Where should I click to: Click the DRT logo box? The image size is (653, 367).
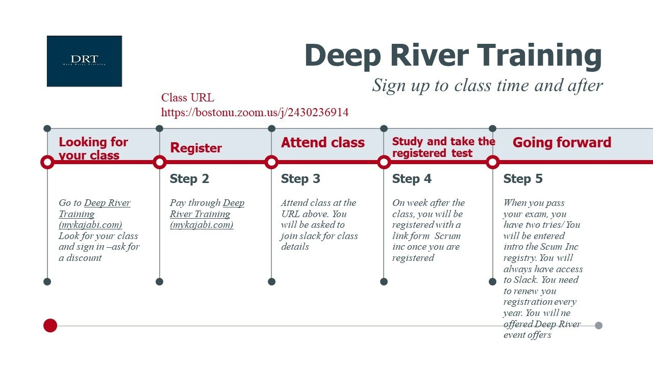click(84, 61)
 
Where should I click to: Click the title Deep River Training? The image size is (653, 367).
click(454, 56)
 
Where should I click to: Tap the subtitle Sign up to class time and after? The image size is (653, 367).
click(487, 86)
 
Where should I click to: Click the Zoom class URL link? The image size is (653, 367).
click(255, 113)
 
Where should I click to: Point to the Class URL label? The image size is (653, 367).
click(188, 97)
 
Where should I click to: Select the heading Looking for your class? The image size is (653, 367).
click(93, 148)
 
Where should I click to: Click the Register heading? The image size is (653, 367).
click(196, 148)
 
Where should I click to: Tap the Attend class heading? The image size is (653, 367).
click(323, 142)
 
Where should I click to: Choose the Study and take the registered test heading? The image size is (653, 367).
click(443, 147)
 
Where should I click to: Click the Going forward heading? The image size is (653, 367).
click(562, 142)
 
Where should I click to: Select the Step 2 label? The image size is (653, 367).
click(189, 178)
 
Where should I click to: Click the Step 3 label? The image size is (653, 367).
click(300, 178)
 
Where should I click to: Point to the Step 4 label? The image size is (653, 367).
click(412, 178)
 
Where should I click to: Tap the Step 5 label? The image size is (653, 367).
click(523, 178)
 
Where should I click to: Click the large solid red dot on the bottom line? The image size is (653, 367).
click(50, 325)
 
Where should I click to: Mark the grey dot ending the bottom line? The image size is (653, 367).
click(598, 325)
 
